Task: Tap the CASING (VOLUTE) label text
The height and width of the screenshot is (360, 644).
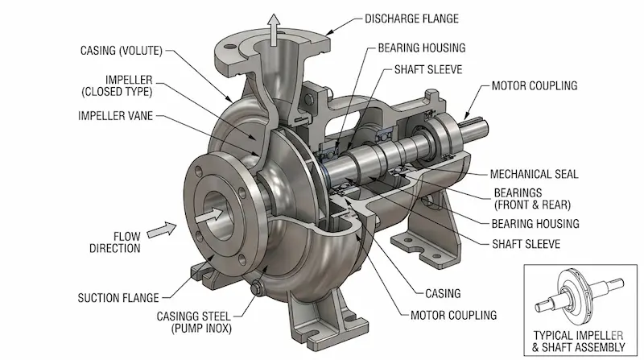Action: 121,51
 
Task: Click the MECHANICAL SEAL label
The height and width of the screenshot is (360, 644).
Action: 531,174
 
